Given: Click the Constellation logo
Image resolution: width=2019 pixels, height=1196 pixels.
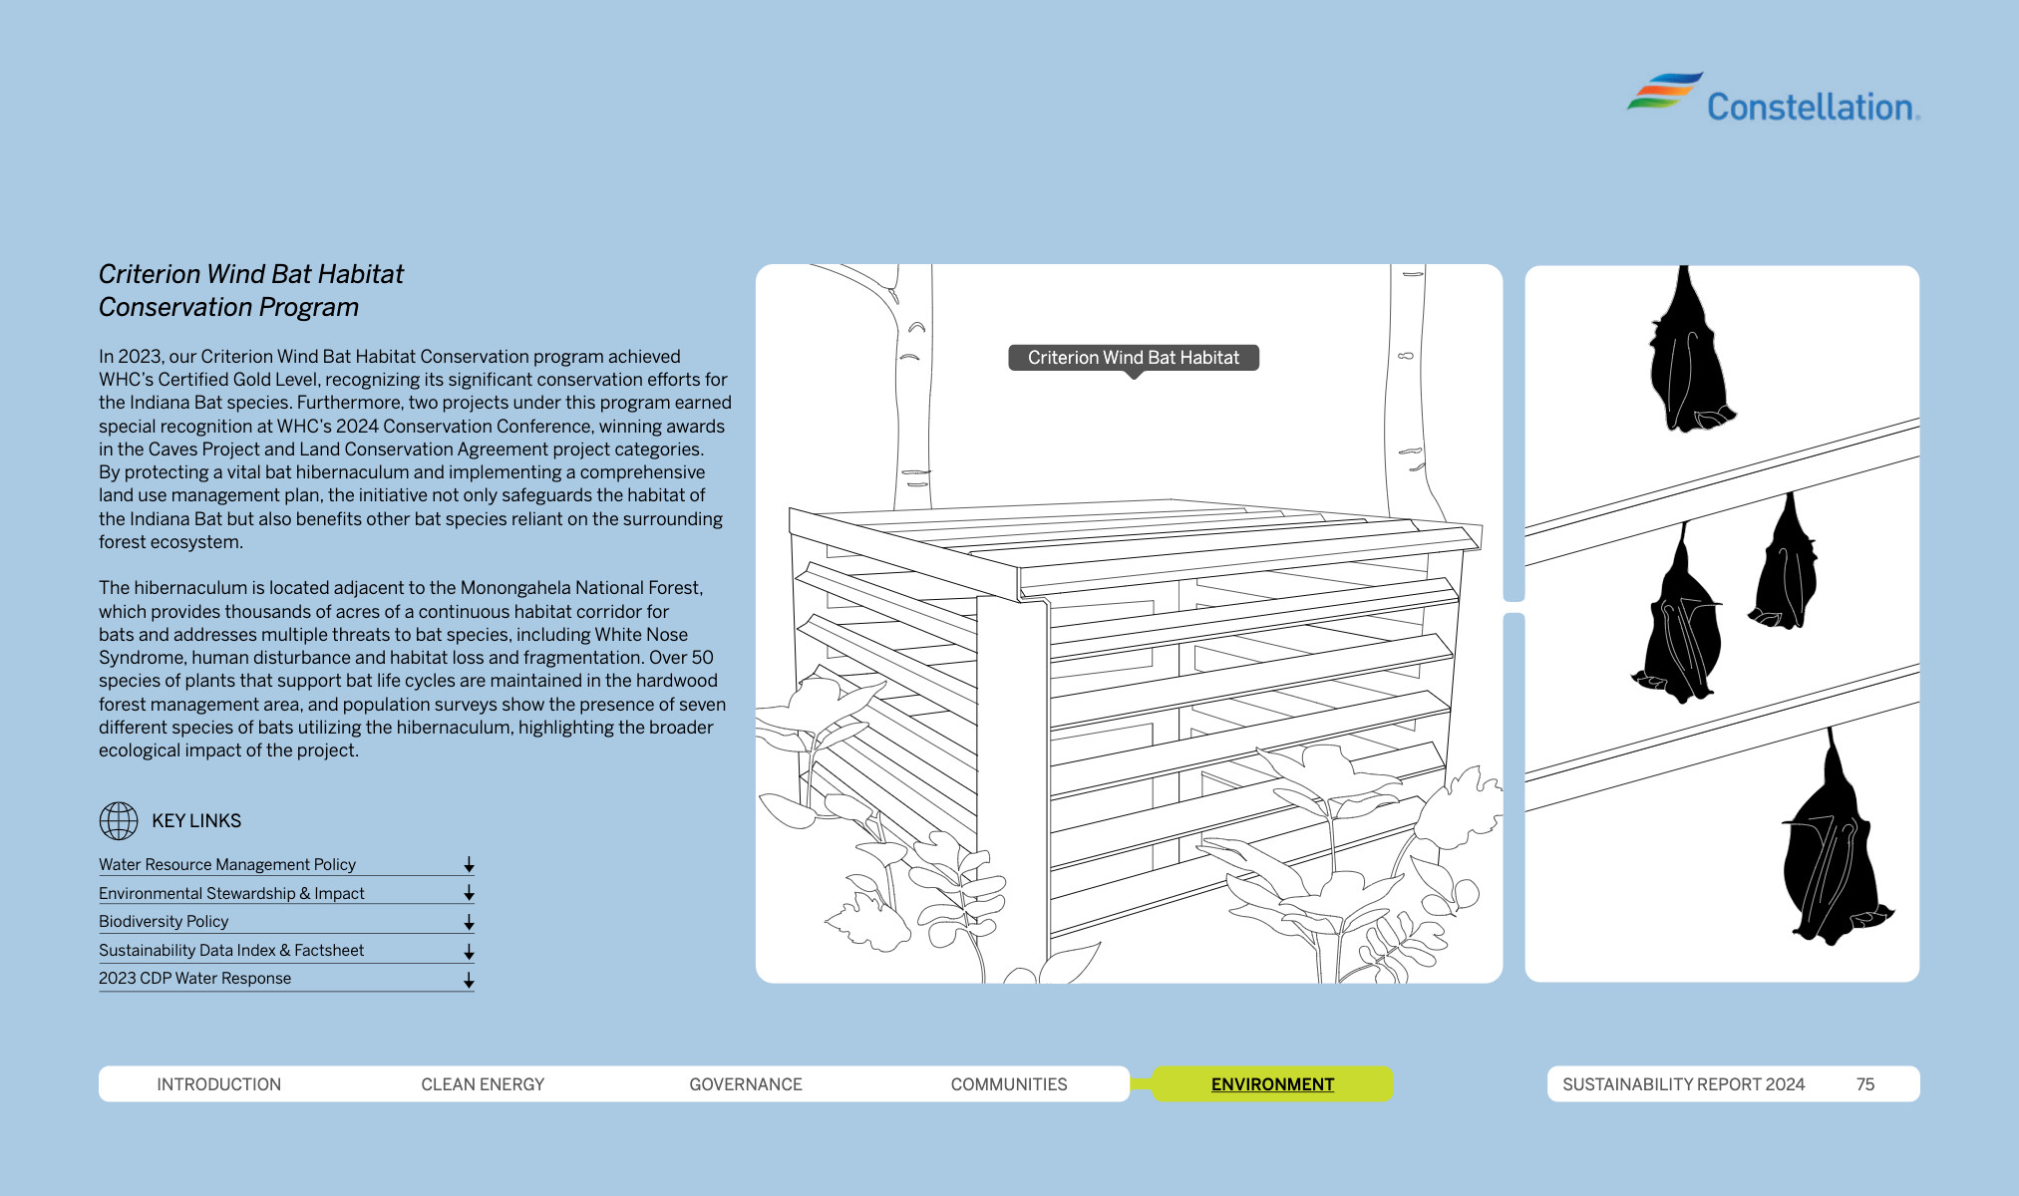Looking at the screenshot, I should (x=1773, y=100).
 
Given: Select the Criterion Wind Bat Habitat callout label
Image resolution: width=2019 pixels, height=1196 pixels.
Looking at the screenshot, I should (x=1134, y=358).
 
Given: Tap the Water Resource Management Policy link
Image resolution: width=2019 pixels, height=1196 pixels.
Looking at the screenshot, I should (x=227, y=865).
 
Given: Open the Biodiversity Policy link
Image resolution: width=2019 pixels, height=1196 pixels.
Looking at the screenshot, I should (x=164, y=922).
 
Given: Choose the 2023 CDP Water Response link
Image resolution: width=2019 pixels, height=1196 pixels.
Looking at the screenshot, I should (x=195, y=979).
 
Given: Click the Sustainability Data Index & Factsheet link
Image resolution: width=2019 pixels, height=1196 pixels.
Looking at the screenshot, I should (x=231, y=951).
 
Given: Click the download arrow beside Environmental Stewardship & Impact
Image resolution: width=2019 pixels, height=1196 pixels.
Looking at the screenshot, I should (x=469, y=894).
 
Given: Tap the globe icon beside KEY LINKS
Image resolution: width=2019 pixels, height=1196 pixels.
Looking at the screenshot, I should (x=119, y=821).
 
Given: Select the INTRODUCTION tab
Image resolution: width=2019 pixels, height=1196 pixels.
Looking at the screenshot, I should (x=218, y=1084).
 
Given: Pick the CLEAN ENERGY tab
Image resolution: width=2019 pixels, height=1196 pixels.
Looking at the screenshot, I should (x=483, y=1084).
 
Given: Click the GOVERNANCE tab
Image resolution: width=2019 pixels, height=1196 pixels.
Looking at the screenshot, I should (x=746, y=1084).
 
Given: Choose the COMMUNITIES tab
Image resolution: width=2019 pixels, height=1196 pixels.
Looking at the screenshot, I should (x=1009, y=1084).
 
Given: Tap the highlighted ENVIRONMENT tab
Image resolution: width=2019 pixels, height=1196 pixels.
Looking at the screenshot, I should (x=1272, y=1084).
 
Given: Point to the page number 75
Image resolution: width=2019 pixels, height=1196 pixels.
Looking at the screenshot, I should (x=1865, y=1084).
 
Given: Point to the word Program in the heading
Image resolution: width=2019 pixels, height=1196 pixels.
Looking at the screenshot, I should (x=309, y=307).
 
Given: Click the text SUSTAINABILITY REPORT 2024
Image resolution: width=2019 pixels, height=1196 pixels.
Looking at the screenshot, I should (x=1683, y=1084).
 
